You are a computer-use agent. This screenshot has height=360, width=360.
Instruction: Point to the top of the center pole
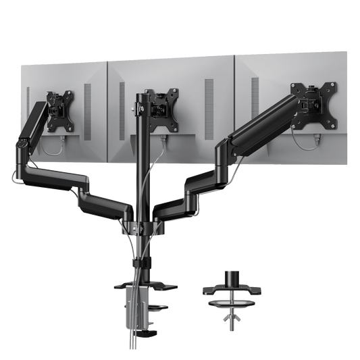(143, 94)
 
